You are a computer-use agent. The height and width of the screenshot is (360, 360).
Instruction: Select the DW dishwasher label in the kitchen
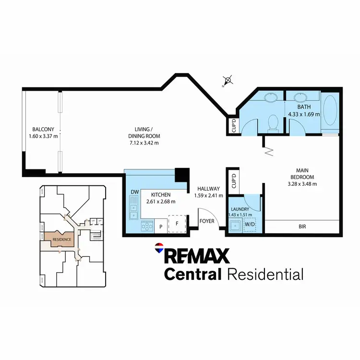pos(134,192)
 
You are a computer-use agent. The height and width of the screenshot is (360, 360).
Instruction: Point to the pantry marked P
pos(160,225)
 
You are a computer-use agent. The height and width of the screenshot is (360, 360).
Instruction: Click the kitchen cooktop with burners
pos(147,225)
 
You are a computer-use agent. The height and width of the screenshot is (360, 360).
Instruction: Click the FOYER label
pos(207,221)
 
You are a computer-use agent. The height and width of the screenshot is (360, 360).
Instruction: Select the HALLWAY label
pos(208,189)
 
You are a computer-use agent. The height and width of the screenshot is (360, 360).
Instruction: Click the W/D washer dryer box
pos(250,225)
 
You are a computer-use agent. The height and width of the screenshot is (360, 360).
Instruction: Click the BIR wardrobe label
pos(302,227)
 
